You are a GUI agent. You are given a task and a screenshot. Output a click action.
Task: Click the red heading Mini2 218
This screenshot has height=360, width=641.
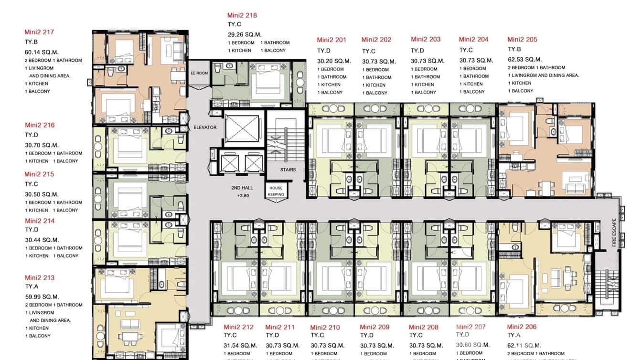click(242, 15)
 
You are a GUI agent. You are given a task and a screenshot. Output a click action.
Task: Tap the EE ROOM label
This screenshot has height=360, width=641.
click(199, 73)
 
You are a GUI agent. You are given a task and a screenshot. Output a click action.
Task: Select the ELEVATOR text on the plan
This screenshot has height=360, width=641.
click(205, 127)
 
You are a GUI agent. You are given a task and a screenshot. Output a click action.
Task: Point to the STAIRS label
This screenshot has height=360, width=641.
click(288, 169)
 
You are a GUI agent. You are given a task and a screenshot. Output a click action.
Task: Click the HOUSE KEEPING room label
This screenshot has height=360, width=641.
click(276, 191)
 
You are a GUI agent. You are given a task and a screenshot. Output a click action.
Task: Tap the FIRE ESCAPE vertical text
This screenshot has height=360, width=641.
click(615, 233)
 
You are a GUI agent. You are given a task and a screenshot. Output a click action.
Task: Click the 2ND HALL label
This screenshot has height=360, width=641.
click(242, 188)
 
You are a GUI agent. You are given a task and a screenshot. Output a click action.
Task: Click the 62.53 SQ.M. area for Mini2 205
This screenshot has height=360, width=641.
click(524, 59)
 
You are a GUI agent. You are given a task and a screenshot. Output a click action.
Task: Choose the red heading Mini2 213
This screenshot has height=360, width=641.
click(40, 277)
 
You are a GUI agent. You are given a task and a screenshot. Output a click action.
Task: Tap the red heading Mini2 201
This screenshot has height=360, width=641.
click(331, 40)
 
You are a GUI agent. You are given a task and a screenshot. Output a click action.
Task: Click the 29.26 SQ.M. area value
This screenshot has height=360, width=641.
click(245, 34)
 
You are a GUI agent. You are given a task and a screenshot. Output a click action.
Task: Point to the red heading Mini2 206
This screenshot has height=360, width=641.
click(522, 327)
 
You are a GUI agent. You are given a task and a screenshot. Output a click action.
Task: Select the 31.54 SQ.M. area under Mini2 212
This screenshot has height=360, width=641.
click(241, 345)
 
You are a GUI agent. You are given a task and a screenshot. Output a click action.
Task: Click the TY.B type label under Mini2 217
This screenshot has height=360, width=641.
click(32, 42)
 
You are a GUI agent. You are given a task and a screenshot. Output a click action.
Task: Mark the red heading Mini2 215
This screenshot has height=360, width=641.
click(39, 174)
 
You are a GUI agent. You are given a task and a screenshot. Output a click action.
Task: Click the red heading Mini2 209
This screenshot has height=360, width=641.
click(374, 327)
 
